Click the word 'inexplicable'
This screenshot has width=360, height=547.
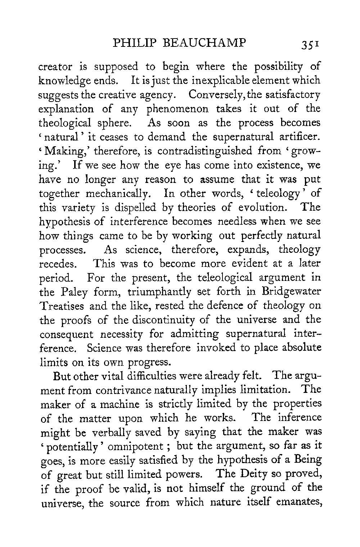(208, 81)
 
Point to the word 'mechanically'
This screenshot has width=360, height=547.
(121, 193)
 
